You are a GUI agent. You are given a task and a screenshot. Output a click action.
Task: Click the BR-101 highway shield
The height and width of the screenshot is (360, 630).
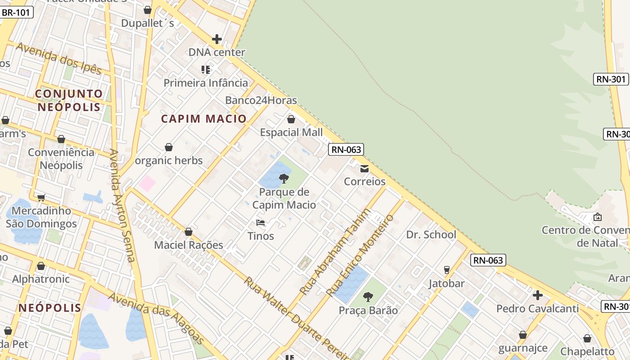tap(16, 13)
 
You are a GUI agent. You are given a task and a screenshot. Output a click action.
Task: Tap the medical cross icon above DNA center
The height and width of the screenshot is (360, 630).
tap(217, 39)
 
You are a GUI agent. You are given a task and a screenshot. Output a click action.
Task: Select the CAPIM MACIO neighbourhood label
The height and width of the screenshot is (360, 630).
tap(204, 119)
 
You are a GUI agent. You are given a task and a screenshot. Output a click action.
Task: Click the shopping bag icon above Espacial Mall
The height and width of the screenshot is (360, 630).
tap(291, 119)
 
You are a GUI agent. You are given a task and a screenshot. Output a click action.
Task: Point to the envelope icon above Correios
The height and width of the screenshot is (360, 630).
tap(364, 169)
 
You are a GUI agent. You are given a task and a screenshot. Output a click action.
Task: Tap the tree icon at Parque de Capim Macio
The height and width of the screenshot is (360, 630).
tap(284, 179)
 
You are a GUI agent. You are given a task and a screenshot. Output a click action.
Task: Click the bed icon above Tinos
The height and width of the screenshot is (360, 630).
tap(261, 222)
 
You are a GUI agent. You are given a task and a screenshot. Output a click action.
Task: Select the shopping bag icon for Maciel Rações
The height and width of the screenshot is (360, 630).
tap(189, 232)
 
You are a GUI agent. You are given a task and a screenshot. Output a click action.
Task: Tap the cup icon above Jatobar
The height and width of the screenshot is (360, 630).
tap(446, 270)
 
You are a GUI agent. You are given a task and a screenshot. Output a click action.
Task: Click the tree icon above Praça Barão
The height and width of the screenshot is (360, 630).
tap(368, 297)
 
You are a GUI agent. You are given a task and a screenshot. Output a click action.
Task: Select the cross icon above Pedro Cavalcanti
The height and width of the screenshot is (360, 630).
tap(537, 295)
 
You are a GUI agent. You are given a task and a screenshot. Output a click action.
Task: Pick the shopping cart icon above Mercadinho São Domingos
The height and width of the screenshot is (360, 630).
tap(41, 197)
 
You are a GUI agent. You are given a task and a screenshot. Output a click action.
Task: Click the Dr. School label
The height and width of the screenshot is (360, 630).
tap(431, 234)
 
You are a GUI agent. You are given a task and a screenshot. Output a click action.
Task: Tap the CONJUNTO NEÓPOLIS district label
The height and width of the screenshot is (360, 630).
tap(69, 100)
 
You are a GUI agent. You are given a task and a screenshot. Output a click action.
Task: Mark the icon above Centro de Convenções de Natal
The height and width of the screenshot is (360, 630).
tap(598, 217)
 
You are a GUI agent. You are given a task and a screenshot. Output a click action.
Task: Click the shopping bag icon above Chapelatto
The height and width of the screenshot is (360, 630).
tap(587, 338)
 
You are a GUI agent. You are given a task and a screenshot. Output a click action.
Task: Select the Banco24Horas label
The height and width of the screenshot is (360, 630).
tap(261, 100)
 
